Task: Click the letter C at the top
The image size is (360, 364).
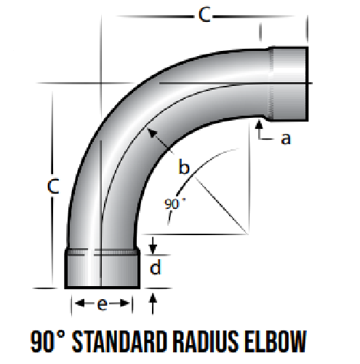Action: pyautogui.click(x=204, y=15)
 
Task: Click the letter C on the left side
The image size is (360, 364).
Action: pyautogui.click(x=53, y=186)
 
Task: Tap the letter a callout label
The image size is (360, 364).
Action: pyautogui.click(x=286, y=139)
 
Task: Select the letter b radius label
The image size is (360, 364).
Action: pyautogui.click(x=184, y=167)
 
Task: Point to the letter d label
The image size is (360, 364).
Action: pyautogui.click(x=155, y=266)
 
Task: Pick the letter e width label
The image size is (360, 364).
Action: pyautogui.click(x=103, y=304)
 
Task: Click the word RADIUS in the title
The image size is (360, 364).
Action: pyautogui.click(x=206, y=341)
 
